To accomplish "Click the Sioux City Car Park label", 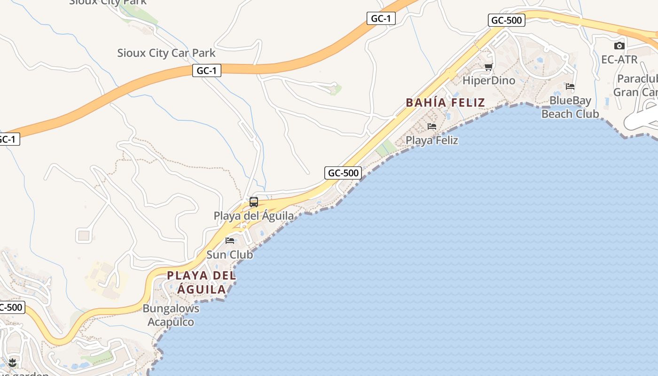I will tap(166, 53).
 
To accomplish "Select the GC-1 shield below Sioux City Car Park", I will tap(206, 70).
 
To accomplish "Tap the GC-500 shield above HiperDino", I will tap(506, 20).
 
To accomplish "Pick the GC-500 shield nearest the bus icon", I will tap(343, 172).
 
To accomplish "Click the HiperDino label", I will tap(489, 80).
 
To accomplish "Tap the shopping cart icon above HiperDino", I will tap(488, 67).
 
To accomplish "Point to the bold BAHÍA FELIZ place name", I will tap(445, 102).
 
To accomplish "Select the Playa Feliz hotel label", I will tap(431, 140).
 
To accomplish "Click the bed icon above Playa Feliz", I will tap(431, 126).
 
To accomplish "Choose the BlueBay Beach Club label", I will tap(570, 107).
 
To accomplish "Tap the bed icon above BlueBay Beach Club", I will tap(570, 86).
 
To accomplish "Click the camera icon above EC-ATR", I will tap(619, 46).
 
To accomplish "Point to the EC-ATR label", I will tap(619, 60).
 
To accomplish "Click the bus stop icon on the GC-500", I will tap(254, 202).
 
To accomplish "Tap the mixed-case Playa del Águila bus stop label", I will tap(254, 216).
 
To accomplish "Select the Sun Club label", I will tap(230, 255).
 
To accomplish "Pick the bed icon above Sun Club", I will tap(230, 241).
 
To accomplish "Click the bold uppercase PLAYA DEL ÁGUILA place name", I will tap(202, 282).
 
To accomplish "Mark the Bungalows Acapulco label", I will tap(171, 315).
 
